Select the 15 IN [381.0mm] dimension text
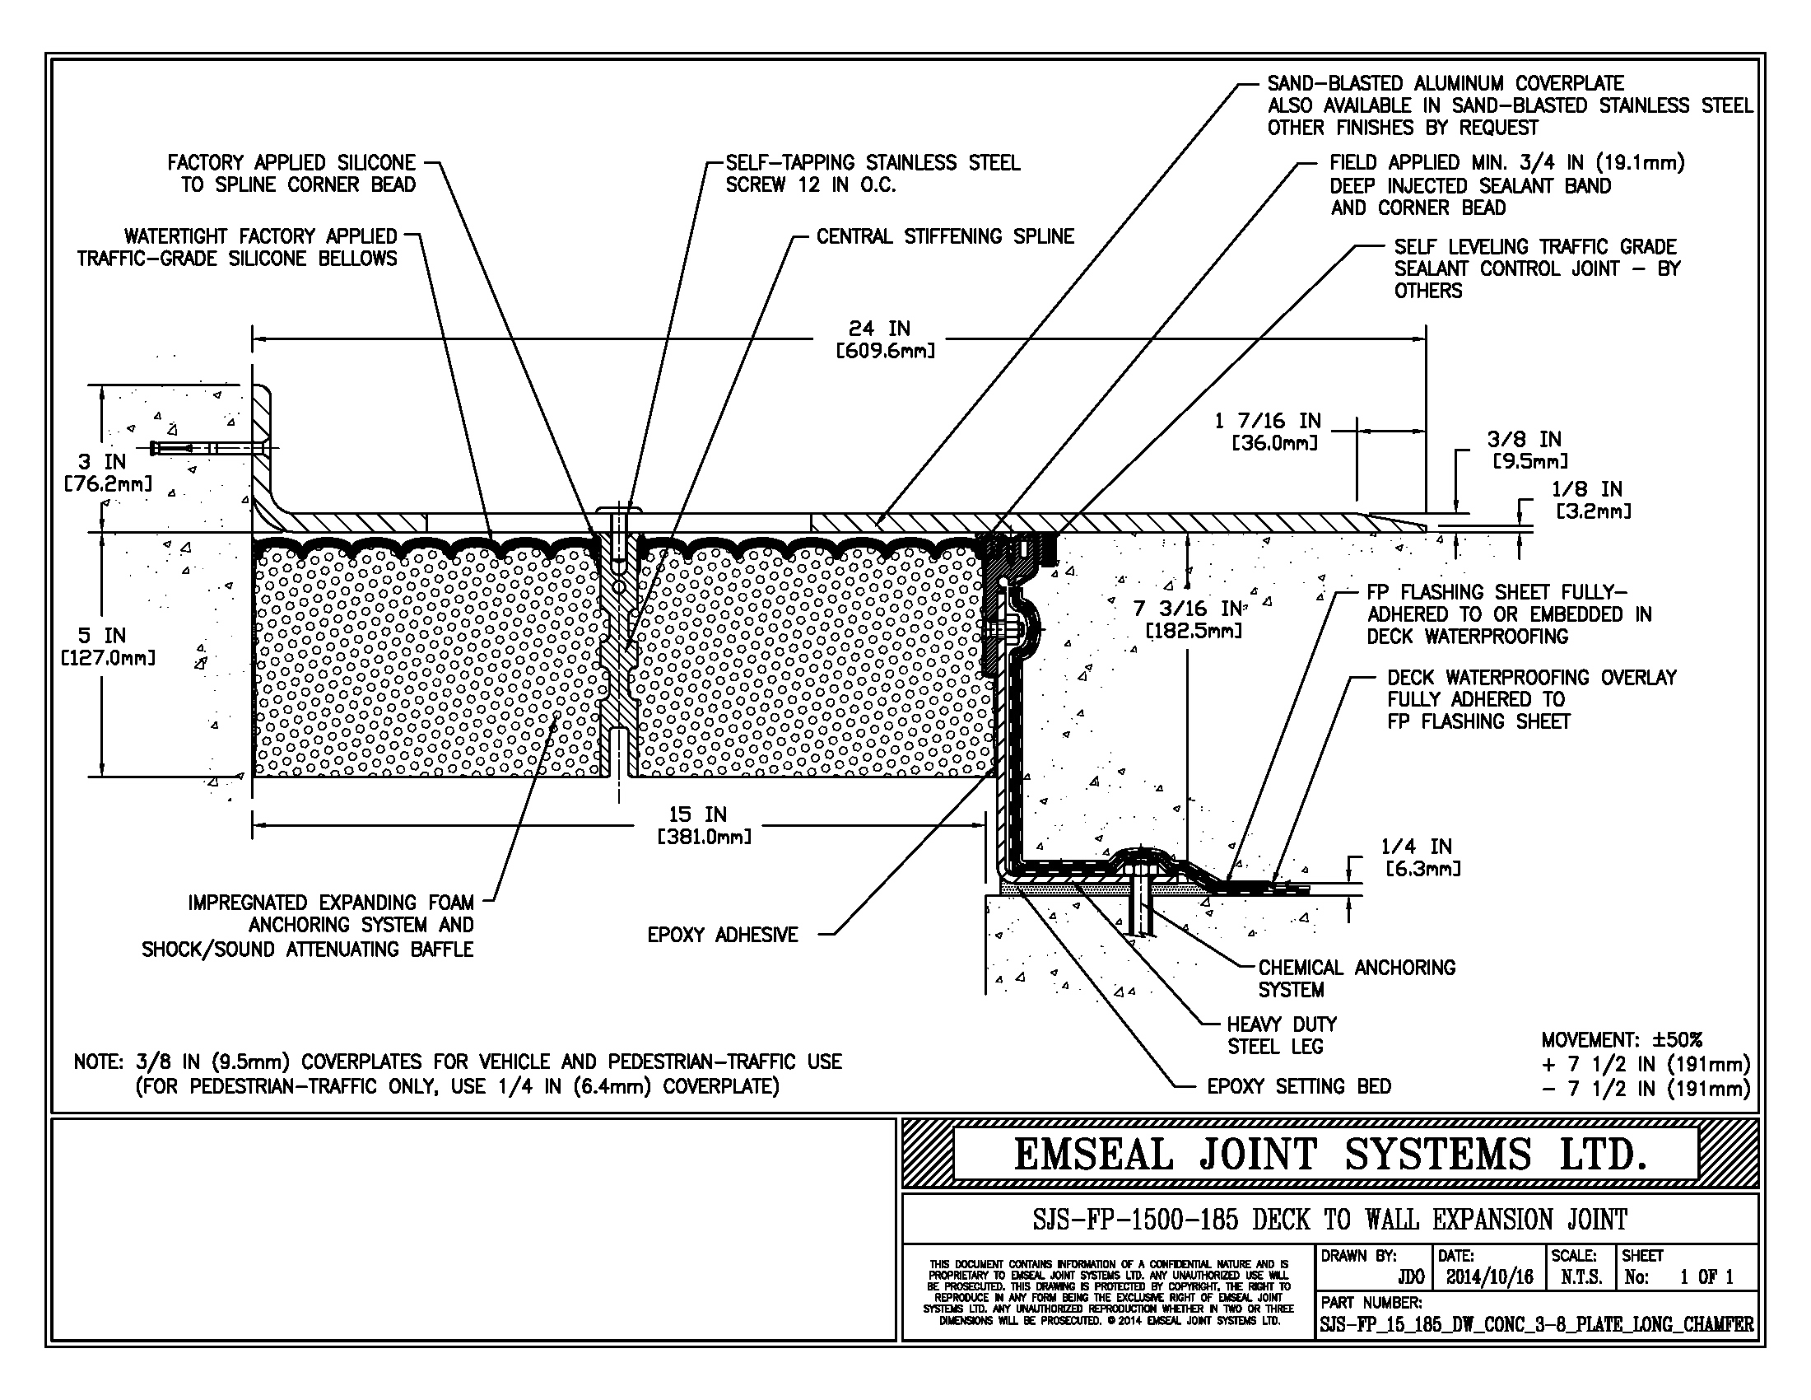[x=703, y=825]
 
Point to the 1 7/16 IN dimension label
[x=1268, y=432]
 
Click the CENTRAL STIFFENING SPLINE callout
[x=944, y=236]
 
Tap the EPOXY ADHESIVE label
[x=722, y=935]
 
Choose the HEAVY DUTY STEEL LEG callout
[x=1281, y=1035]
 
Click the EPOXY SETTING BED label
[x=1298, y=1085]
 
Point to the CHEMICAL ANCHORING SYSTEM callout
[x=1356, y=978]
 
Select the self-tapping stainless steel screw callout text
[x=872, y=173]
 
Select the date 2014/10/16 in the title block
[x=1489, y=1277]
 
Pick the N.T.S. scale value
[x=1581, y=1277]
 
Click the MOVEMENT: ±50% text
[x=1621, y=1039]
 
